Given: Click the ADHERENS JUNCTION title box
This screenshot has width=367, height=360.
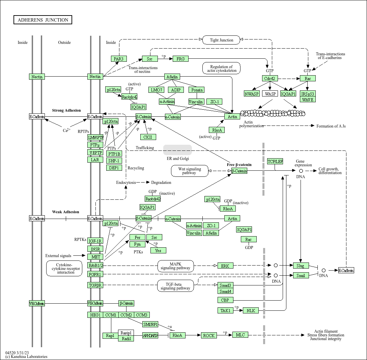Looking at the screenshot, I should [43, 20].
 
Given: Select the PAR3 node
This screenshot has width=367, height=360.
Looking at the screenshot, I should [119, 59].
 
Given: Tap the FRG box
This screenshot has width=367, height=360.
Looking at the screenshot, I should [180, 59].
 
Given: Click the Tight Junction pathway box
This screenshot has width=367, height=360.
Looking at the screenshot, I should [221, 40].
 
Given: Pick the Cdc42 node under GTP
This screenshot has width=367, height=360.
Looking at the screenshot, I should [270, 78].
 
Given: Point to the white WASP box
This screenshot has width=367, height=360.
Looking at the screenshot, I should [270, 94].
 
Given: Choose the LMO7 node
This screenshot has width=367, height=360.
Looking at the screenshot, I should [156, 90].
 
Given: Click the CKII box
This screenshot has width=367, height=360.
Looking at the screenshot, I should [148, 137].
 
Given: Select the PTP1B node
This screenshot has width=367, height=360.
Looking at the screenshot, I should [114, 154].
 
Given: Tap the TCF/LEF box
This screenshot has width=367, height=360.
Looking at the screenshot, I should [275, 161].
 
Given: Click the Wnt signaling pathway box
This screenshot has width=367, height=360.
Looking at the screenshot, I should [189, 171].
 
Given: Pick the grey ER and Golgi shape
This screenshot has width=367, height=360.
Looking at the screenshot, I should [177, 150].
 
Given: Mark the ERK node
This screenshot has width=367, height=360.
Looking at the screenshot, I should [225, 266].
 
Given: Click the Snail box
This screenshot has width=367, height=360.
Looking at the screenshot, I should [301, 275].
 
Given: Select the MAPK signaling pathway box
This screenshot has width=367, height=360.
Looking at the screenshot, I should [175, 266].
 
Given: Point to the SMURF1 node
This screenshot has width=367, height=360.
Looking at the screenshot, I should [150, 325].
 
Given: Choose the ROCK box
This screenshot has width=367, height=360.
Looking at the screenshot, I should [209, 335].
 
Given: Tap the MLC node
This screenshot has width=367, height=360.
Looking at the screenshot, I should [240, 335].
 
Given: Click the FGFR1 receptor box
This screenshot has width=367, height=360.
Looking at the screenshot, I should [95, 274].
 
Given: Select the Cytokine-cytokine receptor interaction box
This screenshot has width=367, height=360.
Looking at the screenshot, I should [64, 269].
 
